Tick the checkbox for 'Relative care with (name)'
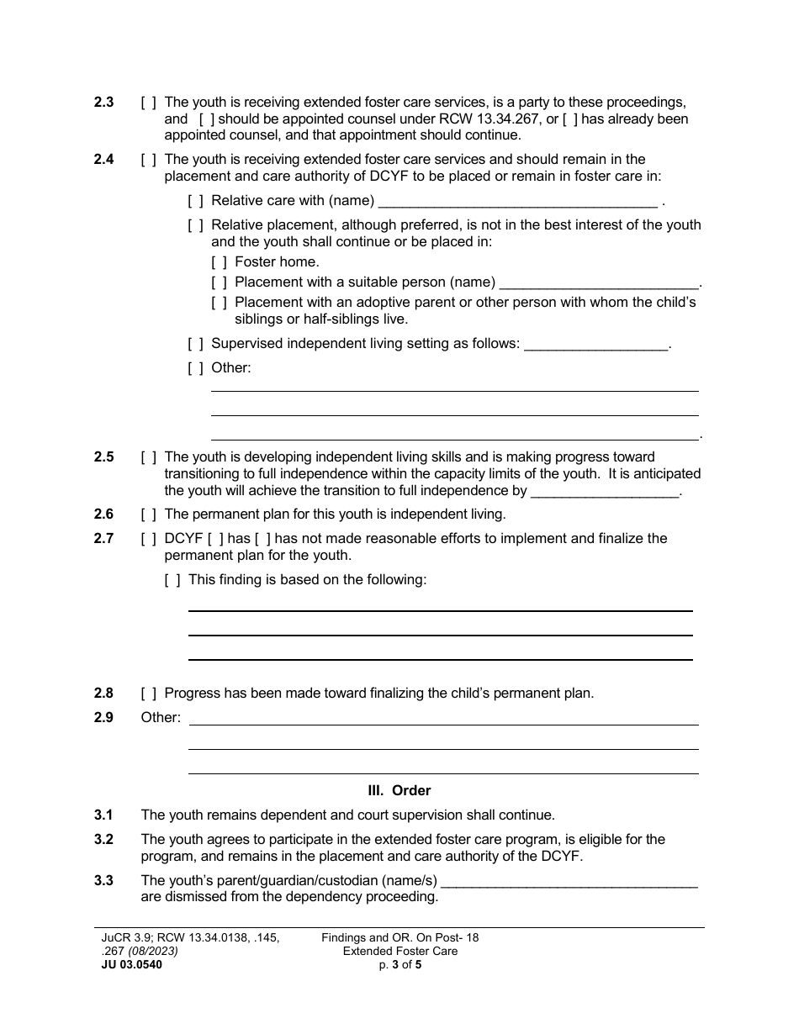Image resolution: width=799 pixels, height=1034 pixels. pyautogui.click(x=195, y=201)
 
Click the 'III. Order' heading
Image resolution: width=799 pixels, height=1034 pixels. pyautogui.click(x=399, y=791)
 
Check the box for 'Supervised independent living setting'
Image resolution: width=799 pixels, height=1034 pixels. pyautogui.click(x=195, y=344)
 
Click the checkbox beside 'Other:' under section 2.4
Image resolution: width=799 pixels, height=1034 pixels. pyautogui.click(x=195, y=368)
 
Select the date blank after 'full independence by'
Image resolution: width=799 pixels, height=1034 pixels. pyautogui.click(x=606, y=492)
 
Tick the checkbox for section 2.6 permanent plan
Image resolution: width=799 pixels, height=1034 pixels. pyautogui.click(x=148, y=514)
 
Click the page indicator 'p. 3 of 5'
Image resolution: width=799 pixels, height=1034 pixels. pyautogui.click(x=399, y=965)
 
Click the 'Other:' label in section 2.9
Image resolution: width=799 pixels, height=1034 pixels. pyautogui.click(x=161, y=718)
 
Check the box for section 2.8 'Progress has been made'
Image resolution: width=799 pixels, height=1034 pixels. pyautogui.click(x=148, y=694)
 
